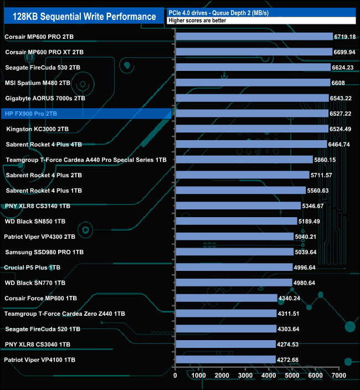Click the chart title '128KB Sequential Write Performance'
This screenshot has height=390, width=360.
click(x=80, y=16)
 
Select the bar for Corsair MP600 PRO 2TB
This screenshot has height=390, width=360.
click(x=254, y=37)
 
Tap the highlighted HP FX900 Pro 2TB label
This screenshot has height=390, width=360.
click(x=31, y=114)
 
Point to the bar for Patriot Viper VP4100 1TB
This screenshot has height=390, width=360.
click(x=225, y=360)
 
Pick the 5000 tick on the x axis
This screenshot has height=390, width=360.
click(x=292, y=375)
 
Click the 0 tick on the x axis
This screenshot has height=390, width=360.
click(x=176, y=375)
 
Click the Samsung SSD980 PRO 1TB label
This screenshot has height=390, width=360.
click(x=44, y=252)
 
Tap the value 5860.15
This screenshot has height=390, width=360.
click(x=326, y=160)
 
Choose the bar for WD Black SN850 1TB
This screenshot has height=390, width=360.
click(x=236, y=221)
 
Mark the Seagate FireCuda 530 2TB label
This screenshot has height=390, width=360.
click(x=43, y=68)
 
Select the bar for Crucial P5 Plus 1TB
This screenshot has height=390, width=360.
click(x=234, y=267)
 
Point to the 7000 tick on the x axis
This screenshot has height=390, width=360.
click(x=339, y=375)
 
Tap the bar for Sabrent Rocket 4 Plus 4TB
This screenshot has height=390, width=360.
click(x=251, y=144)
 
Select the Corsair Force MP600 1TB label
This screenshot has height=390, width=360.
click(x=41, y=298)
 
